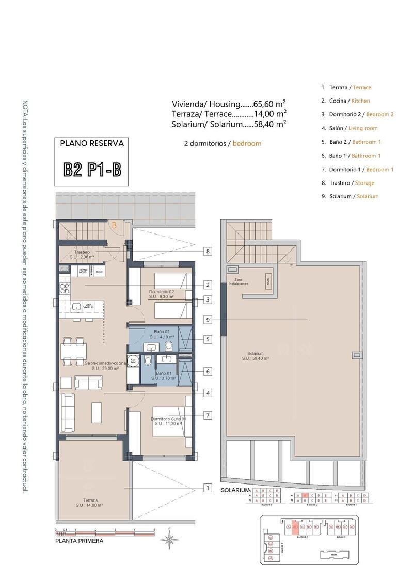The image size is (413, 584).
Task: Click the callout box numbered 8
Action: point(208,252)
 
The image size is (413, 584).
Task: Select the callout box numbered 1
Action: point(208,488)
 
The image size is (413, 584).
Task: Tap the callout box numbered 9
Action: point(208,320)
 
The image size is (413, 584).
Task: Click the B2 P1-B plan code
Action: point(92,170)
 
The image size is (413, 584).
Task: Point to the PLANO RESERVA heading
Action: point(92,144)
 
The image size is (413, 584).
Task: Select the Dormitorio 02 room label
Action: point(162,294)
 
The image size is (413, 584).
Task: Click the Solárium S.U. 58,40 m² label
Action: point(256,356)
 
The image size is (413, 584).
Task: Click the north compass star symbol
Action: point(169,539)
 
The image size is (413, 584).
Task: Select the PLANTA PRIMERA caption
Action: point(79,541)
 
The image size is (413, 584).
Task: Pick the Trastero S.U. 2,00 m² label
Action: point(82,254)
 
